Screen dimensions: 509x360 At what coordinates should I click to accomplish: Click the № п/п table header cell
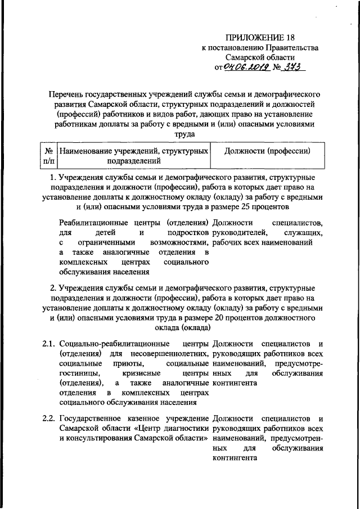(x=48, y=156)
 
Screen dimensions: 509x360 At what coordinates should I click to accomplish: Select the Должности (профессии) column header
(x=267, y=151)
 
